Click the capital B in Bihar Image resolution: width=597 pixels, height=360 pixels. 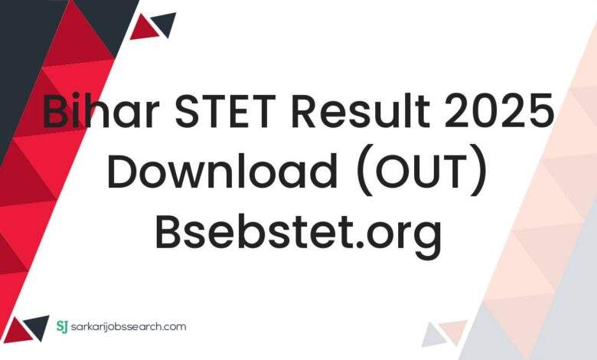tap(56, 113)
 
